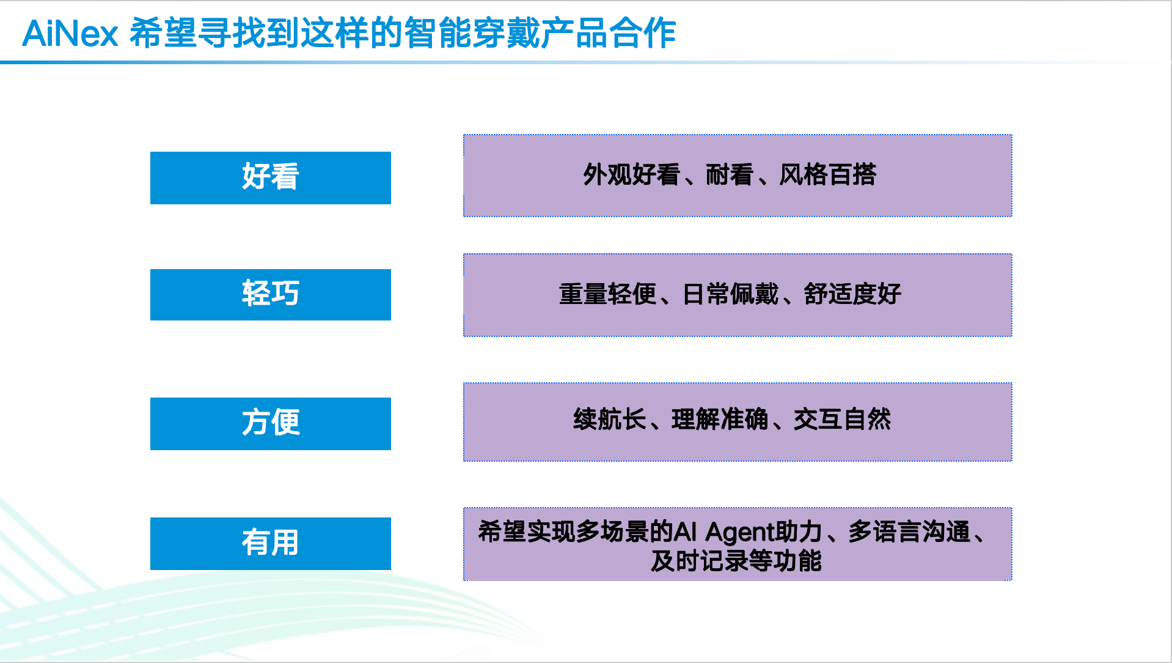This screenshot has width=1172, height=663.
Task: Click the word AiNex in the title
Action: pos(70,33)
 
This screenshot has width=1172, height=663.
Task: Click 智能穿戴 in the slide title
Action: pos(471,33)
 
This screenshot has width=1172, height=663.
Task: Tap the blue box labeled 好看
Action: pos(271,178)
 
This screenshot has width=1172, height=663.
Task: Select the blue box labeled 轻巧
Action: pos(271,295)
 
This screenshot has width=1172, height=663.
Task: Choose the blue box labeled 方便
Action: pos(271,424)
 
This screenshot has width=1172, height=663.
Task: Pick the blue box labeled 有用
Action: pos(271,544)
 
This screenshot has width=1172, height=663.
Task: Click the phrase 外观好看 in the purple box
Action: pos(632,175)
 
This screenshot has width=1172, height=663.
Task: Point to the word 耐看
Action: pos(730,175)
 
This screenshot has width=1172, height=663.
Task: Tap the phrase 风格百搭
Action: pos(828,175)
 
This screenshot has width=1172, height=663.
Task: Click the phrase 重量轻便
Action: pos(608,294)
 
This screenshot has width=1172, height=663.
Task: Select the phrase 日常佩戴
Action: pos(731,294)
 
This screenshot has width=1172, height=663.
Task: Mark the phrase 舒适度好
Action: pos(853,294)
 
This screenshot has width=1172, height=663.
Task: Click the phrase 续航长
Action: pos(610,420)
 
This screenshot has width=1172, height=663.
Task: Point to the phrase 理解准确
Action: pos(720,420)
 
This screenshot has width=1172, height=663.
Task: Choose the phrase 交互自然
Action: pos(843,420)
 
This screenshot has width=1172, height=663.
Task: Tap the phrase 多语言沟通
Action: pos(909,532)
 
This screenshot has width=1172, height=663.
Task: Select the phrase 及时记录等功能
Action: pos(736,561)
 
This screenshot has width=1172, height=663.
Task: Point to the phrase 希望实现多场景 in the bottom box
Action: pos(563,532)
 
